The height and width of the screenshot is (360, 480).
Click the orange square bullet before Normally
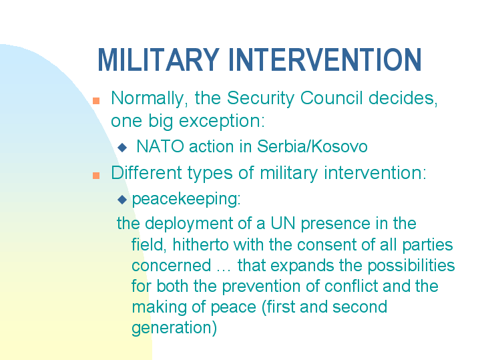click(x=96, y=101)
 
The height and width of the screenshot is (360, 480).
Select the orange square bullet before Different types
click(x=96, y=175)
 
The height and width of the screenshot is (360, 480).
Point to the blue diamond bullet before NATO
click(x=122, y=147)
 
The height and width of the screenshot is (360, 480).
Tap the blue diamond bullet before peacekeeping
click(x=122, y=200)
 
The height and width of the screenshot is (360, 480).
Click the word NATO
click(x=160, y=146)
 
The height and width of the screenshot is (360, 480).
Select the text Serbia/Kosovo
click(x=320, y=146)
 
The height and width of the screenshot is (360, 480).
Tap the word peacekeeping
click(x=186, y=199)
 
